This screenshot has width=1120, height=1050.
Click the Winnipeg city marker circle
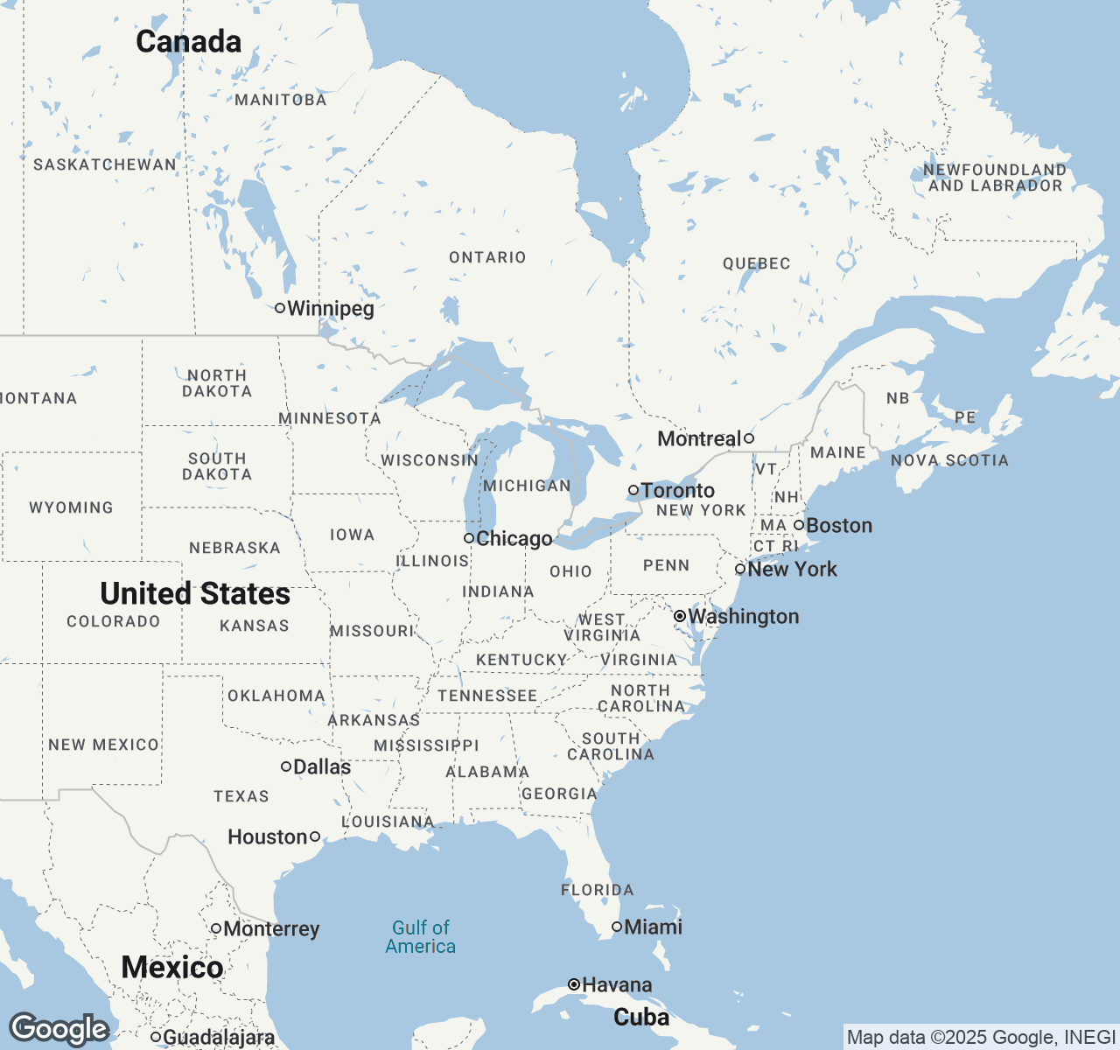[280, 308]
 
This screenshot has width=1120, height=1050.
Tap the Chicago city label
[514, 539]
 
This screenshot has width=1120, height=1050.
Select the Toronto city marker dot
[633, 490]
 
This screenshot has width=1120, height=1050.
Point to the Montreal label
[699, 438]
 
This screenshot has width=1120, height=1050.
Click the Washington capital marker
[679, 617]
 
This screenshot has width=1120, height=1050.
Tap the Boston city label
[839, 526]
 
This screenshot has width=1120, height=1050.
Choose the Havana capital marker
[574, 984]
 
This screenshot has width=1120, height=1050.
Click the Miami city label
[653, 927]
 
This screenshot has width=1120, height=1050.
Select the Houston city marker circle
[315, 836]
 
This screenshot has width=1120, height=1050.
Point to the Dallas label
[322, 766]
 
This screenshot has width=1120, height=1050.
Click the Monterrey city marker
[216, 928]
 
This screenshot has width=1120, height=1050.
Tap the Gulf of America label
[421, 937]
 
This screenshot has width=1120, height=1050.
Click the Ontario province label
[487, 257]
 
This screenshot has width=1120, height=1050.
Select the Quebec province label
[756, 263]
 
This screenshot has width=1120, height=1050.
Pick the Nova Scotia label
[949, 460]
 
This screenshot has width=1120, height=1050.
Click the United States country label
[195, 594]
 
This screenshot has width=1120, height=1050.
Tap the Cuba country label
[641, 1017]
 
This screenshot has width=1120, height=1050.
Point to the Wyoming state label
[71, 507]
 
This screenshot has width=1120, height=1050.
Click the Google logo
[59, 1029]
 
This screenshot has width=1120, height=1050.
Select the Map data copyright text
[980, 1038]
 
